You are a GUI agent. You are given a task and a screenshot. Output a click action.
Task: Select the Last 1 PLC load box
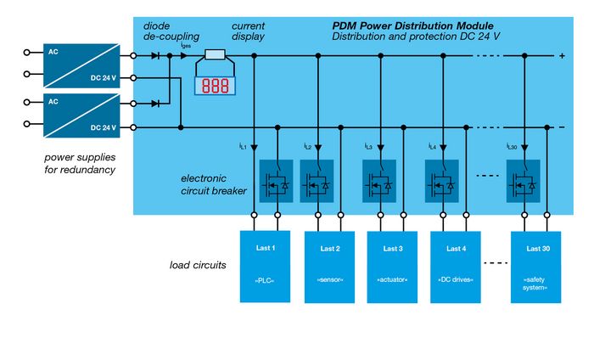click(266, 266)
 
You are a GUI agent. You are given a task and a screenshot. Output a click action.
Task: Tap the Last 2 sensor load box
click(330, 266)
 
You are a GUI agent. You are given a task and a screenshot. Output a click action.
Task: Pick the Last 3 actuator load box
click(393, 266)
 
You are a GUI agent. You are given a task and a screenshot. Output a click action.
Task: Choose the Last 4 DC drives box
click(457, 266)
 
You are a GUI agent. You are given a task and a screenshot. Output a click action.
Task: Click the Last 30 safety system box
click(536, 266)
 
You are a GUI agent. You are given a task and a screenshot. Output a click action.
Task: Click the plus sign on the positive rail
click(562, 56)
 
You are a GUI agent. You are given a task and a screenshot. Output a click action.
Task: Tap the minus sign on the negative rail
click(562, 127)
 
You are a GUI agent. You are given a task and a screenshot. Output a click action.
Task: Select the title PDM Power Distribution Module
click(412, 25)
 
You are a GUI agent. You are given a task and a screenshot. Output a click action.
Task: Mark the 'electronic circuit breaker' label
click(214, 184)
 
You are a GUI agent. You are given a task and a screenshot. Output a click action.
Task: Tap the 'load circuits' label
click(198, 265)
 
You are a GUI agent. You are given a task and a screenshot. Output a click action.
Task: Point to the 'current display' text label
click(248, 31)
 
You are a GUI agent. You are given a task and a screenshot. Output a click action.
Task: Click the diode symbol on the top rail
click(155, 56)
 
